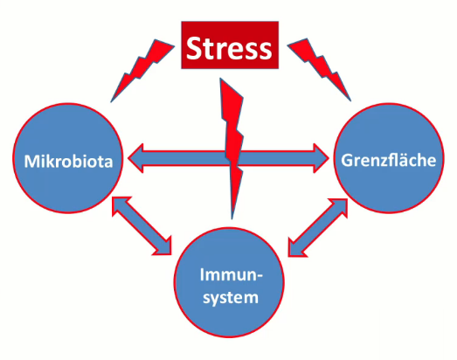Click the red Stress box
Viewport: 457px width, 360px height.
pyautogui.click(x=230, y=45)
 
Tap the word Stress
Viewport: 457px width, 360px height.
pyautogui.click(x=229, y=48)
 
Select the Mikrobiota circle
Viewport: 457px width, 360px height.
pyautogui.click(x=68, y=157)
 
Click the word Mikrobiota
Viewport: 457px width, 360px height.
pyautogui.click(x=68, y=161)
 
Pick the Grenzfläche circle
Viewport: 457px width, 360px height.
pyautogui.click(x=389, y=157)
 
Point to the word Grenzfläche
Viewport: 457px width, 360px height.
pyautogui.click(x=389, y=160)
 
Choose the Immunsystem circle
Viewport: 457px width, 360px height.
pyautogui.click(x=229, y=282)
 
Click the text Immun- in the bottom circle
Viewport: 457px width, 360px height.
pyautogui.click(x=232, y=275)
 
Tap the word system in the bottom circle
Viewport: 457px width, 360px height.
pyautogui.click(x=231, y=298)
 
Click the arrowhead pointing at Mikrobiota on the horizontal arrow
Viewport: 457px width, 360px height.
pyautogui.click(x=135, y=158)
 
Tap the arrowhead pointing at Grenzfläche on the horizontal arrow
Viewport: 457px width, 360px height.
pyautogui.click(x=322, y=158)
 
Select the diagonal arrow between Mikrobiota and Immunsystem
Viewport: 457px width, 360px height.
pyautogui.click(x=142, y=226)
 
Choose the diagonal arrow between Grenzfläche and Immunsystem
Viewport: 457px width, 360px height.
pyautogui.click(x=318, y=228)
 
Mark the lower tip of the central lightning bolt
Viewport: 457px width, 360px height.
pyautogui.click(x=232, y=219)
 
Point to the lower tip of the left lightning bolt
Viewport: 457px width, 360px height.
pyautogui.click(x=111, y=102)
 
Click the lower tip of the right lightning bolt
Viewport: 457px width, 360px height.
pyautogui.click(x=351, y=101)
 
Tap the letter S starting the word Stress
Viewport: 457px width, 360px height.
pyautogui.click(x=195, y=48)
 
